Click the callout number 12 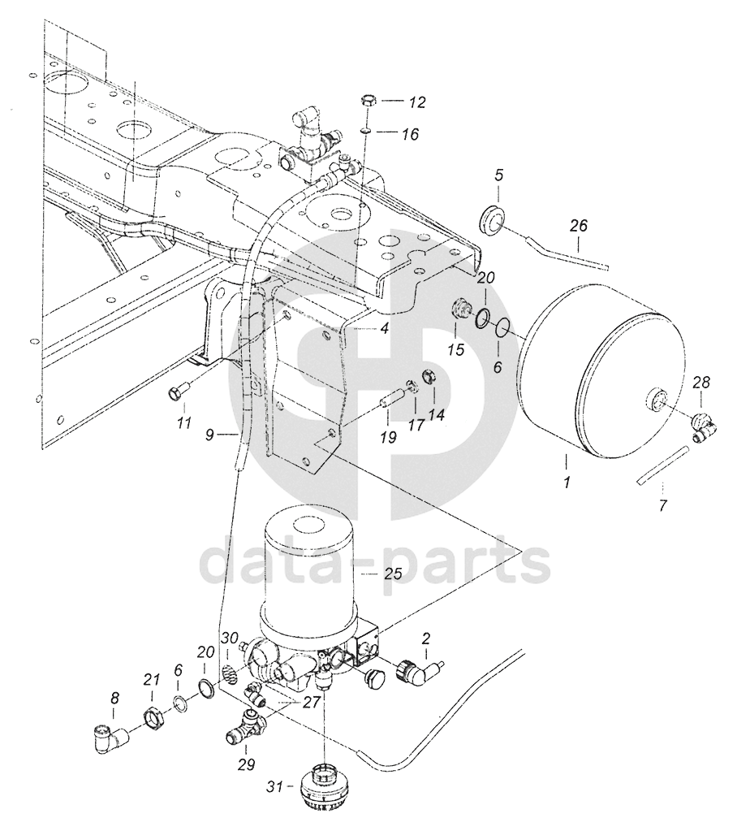[417, 102]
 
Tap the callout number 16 [410, 134]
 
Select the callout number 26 [579, 227]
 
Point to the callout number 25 [394, 574]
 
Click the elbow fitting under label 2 [420, 670]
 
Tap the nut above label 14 [428, 378]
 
